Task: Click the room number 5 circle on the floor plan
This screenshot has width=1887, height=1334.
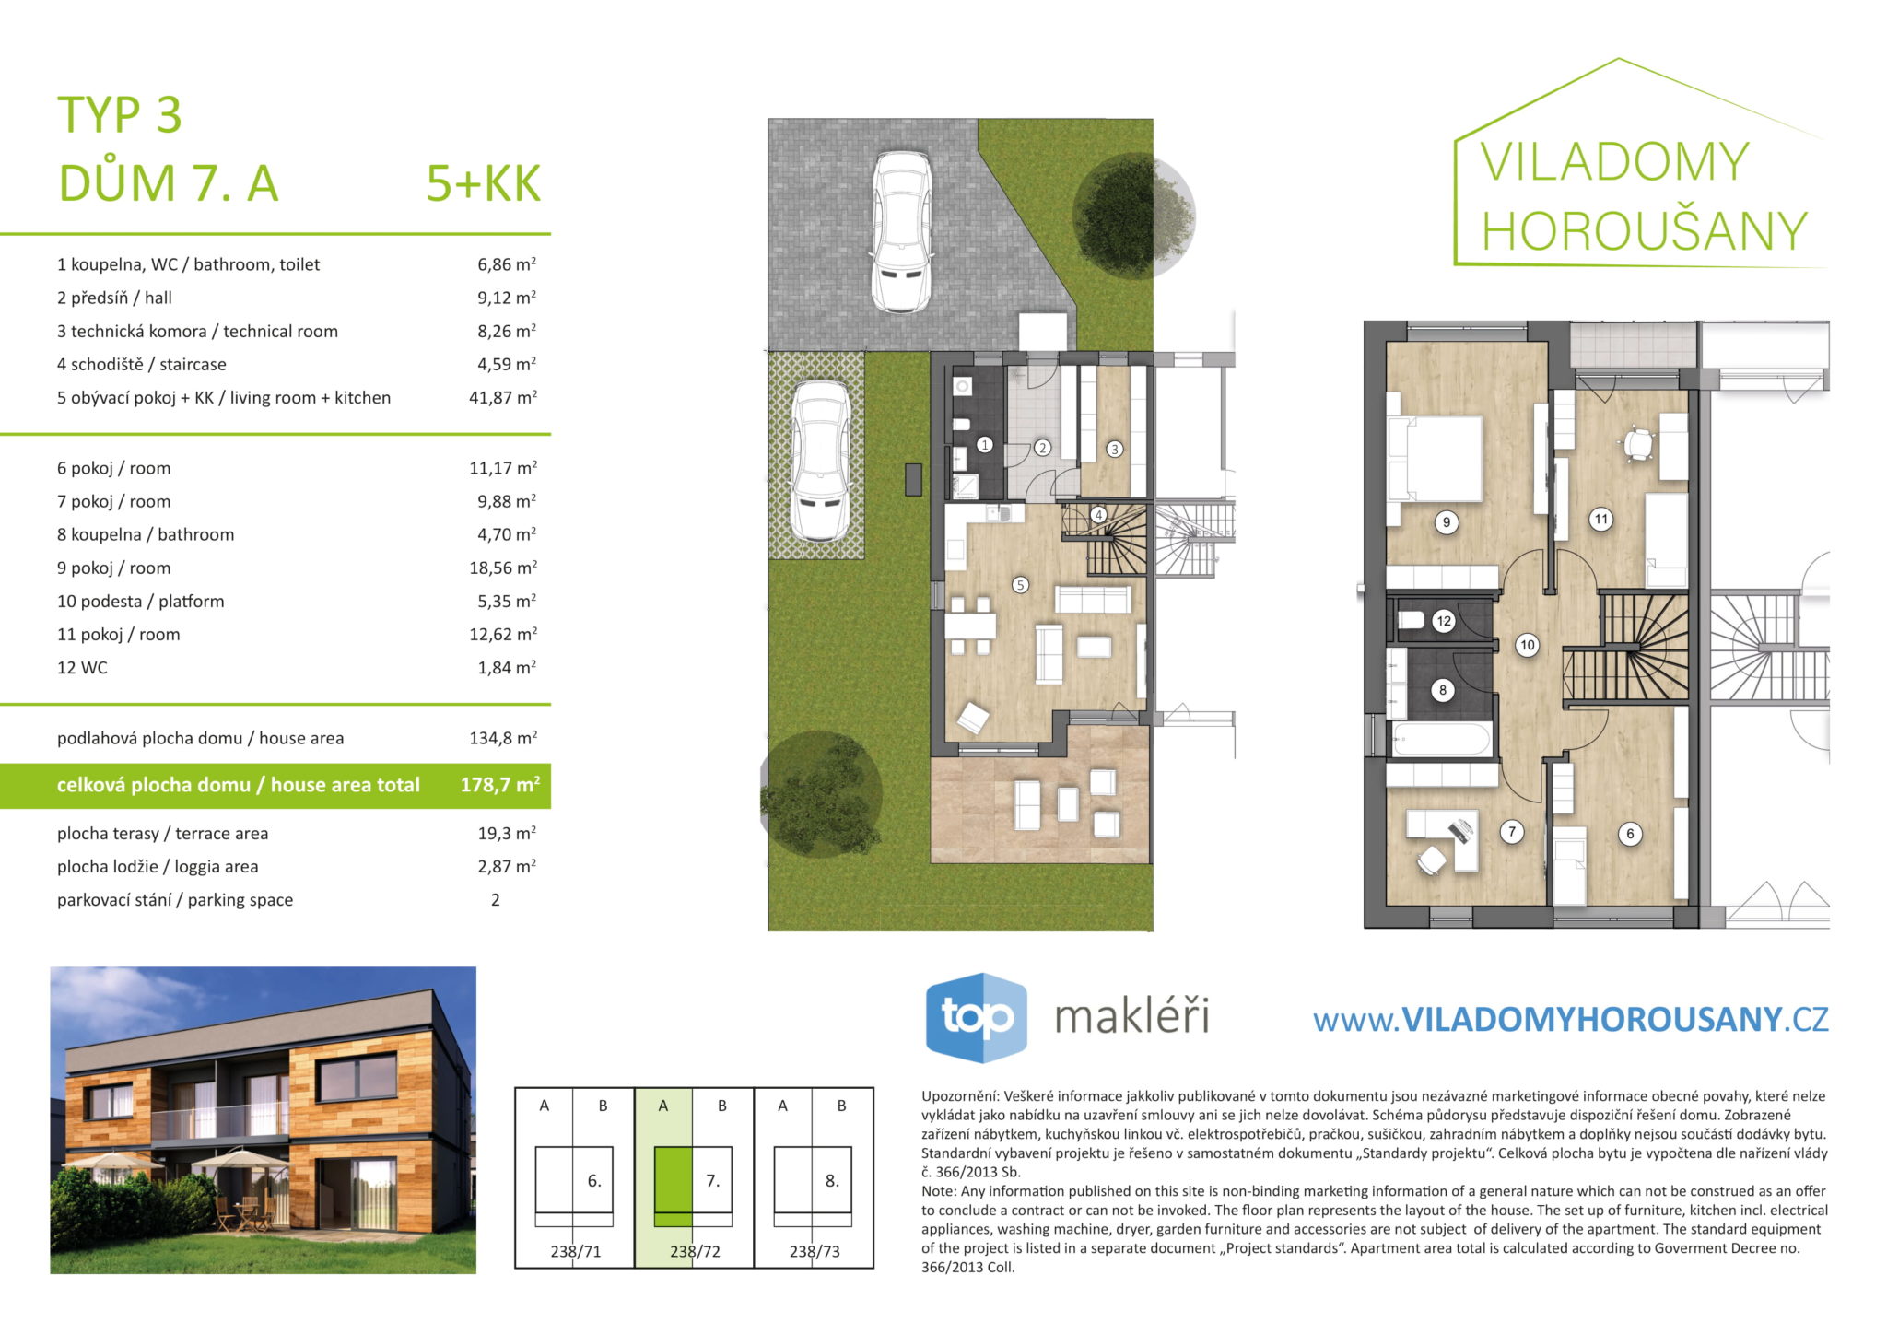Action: tap(1020, 585)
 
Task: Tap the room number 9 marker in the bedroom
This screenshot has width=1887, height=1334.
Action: tap(1447, 522)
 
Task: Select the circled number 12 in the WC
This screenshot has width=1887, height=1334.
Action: tap(1444, 621)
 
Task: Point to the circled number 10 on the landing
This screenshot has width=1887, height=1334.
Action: tap(1528, 645)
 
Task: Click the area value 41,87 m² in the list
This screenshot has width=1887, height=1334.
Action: tap(503, 397)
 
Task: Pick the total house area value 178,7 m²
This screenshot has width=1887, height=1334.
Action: tap(500, 785)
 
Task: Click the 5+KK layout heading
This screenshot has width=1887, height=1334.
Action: tap(483, 183)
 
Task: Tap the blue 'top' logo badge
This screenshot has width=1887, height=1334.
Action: tap(977, 1018)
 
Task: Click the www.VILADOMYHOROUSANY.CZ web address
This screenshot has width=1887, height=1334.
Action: tap(1570, 1019)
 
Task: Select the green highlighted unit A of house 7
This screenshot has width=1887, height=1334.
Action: tap(673, 1187)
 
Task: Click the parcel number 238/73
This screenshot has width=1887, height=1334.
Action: tap(815, 1251)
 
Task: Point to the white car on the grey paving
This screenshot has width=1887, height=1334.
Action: tap(902, 233)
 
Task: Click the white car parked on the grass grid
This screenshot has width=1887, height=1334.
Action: tap(821, 461)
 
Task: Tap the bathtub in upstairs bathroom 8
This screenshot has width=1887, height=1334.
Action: tap(1441, 740)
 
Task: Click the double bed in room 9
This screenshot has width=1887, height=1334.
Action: tap(1436, 460)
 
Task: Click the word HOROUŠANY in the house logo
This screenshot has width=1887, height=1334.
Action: tap(1645, 230)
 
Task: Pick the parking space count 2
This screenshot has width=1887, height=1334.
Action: tap(496, 900)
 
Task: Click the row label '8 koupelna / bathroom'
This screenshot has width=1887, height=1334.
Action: tap(146, 534)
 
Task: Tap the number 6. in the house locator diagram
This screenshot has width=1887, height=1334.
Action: tap(594, 1180)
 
